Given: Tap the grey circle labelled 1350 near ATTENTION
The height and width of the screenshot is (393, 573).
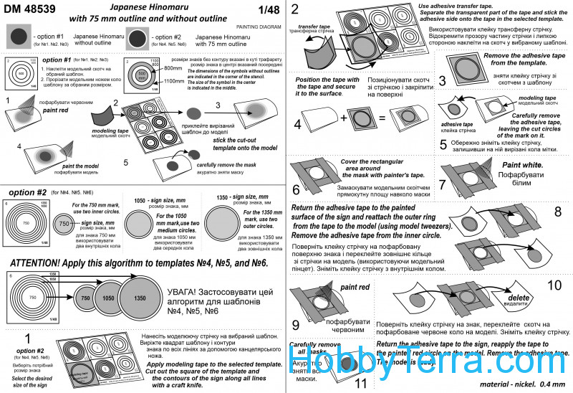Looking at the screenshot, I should [x=141, y=298].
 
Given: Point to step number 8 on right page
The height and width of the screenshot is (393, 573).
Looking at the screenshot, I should [x=557, y=212].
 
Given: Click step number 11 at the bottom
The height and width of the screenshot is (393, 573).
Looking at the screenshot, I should [x=361, y=382].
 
